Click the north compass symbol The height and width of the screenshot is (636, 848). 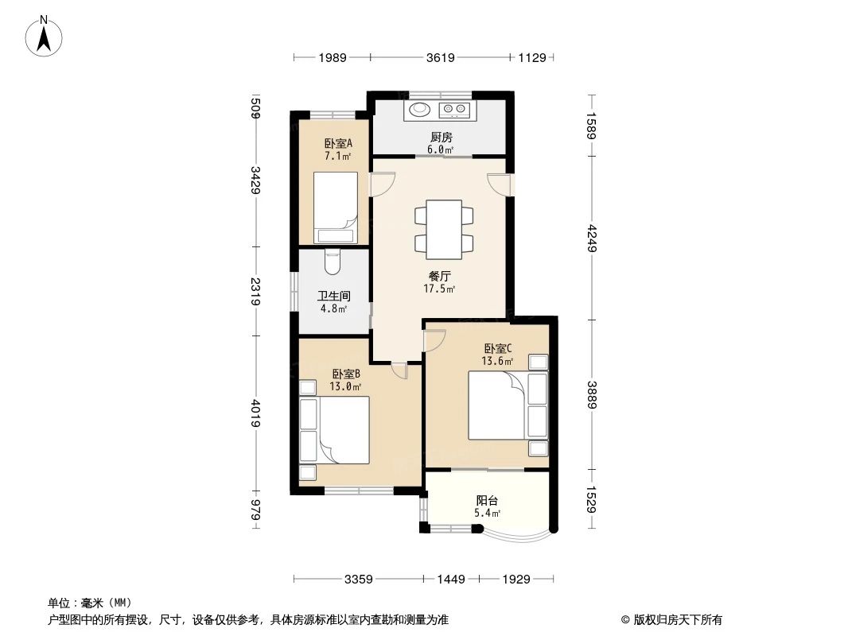tap(45, 36)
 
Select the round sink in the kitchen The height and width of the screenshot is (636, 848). tap(419, 110)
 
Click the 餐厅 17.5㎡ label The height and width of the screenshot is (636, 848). tap(439, 282)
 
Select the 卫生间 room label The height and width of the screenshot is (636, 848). tap(333, 301)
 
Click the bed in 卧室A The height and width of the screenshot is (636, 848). tap(335, 207)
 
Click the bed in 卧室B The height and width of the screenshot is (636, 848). tap(334, 430)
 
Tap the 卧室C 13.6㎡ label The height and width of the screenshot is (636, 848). tap(498, 354)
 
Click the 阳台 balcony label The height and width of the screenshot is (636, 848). tap(487, 506)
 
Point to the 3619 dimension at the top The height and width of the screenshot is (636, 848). tap(440, 57)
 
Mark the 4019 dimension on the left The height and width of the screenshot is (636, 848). tap(255, 413)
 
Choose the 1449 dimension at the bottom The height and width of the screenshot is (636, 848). tap(450, 580)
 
